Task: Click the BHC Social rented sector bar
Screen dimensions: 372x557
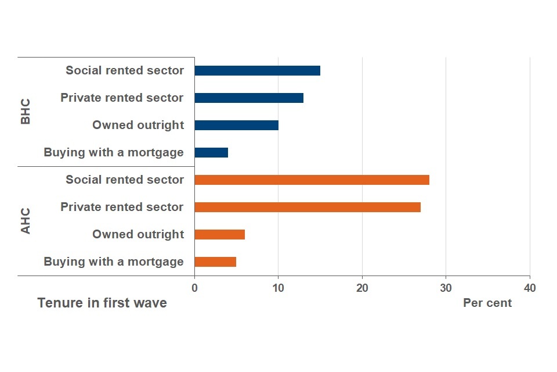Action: tap(257, 70)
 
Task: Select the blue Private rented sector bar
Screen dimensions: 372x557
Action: tap(249, 98)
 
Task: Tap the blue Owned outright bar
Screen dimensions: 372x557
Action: tap(236, 125)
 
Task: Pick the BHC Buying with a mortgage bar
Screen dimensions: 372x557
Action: tap(211, 152)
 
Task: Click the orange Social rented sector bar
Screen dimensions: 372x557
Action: tap(312, 180)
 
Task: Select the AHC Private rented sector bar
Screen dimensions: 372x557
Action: tap(308, 207)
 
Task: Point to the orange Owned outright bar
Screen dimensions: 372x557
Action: tap(219, 234)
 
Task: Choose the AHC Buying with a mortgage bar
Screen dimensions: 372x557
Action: tap(215, 262)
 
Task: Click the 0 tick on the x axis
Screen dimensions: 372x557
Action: tap(194, 288)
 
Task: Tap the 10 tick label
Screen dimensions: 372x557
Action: tap(278, 288)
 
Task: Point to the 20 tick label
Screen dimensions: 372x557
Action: tap(362, 288)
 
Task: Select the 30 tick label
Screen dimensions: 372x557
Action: tap(446, 288)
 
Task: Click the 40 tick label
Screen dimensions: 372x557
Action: tap(529, 288)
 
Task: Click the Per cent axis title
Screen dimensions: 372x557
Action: tap(487, 303)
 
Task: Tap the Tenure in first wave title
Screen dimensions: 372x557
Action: tap(102, 303)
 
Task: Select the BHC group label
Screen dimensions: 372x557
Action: tap(26, 111)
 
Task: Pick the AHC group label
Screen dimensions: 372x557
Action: tap(26, 221)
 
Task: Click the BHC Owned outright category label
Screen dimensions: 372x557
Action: tap(138, 125)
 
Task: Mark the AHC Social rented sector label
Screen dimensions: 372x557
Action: tap(125, 180)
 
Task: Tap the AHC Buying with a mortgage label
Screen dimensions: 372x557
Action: tap(114, 262)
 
